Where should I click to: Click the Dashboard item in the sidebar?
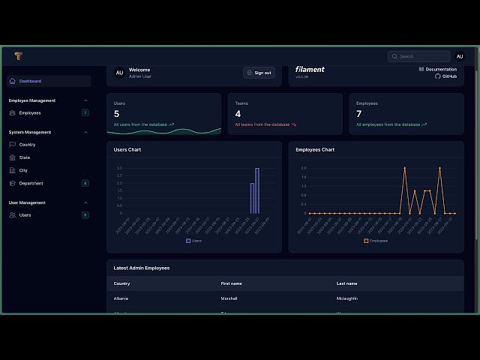coord(30,81)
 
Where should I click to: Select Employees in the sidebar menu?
coord(30,112)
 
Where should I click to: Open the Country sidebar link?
coord(27,144)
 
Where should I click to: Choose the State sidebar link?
coord(25,157)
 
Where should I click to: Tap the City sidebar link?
coord(23,170)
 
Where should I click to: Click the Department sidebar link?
coord(31,183)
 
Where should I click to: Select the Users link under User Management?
coord(25,215)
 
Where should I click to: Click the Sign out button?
coord(259,73)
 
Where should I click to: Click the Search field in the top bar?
coord(420,56)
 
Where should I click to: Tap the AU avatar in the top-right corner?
coord(459,56)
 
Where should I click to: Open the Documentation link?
coord(440,69)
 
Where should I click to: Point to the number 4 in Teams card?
coord(238,114)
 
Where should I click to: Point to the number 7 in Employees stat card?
coord(358,114)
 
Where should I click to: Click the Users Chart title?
coord(127,150)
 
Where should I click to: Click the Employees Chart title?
coord(315,150)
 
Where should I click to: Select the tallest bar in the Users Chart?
coord(257,190)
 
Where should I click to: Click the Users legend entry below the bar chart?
coord(194,241)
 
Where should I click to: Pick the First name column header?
coord(231,283)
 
